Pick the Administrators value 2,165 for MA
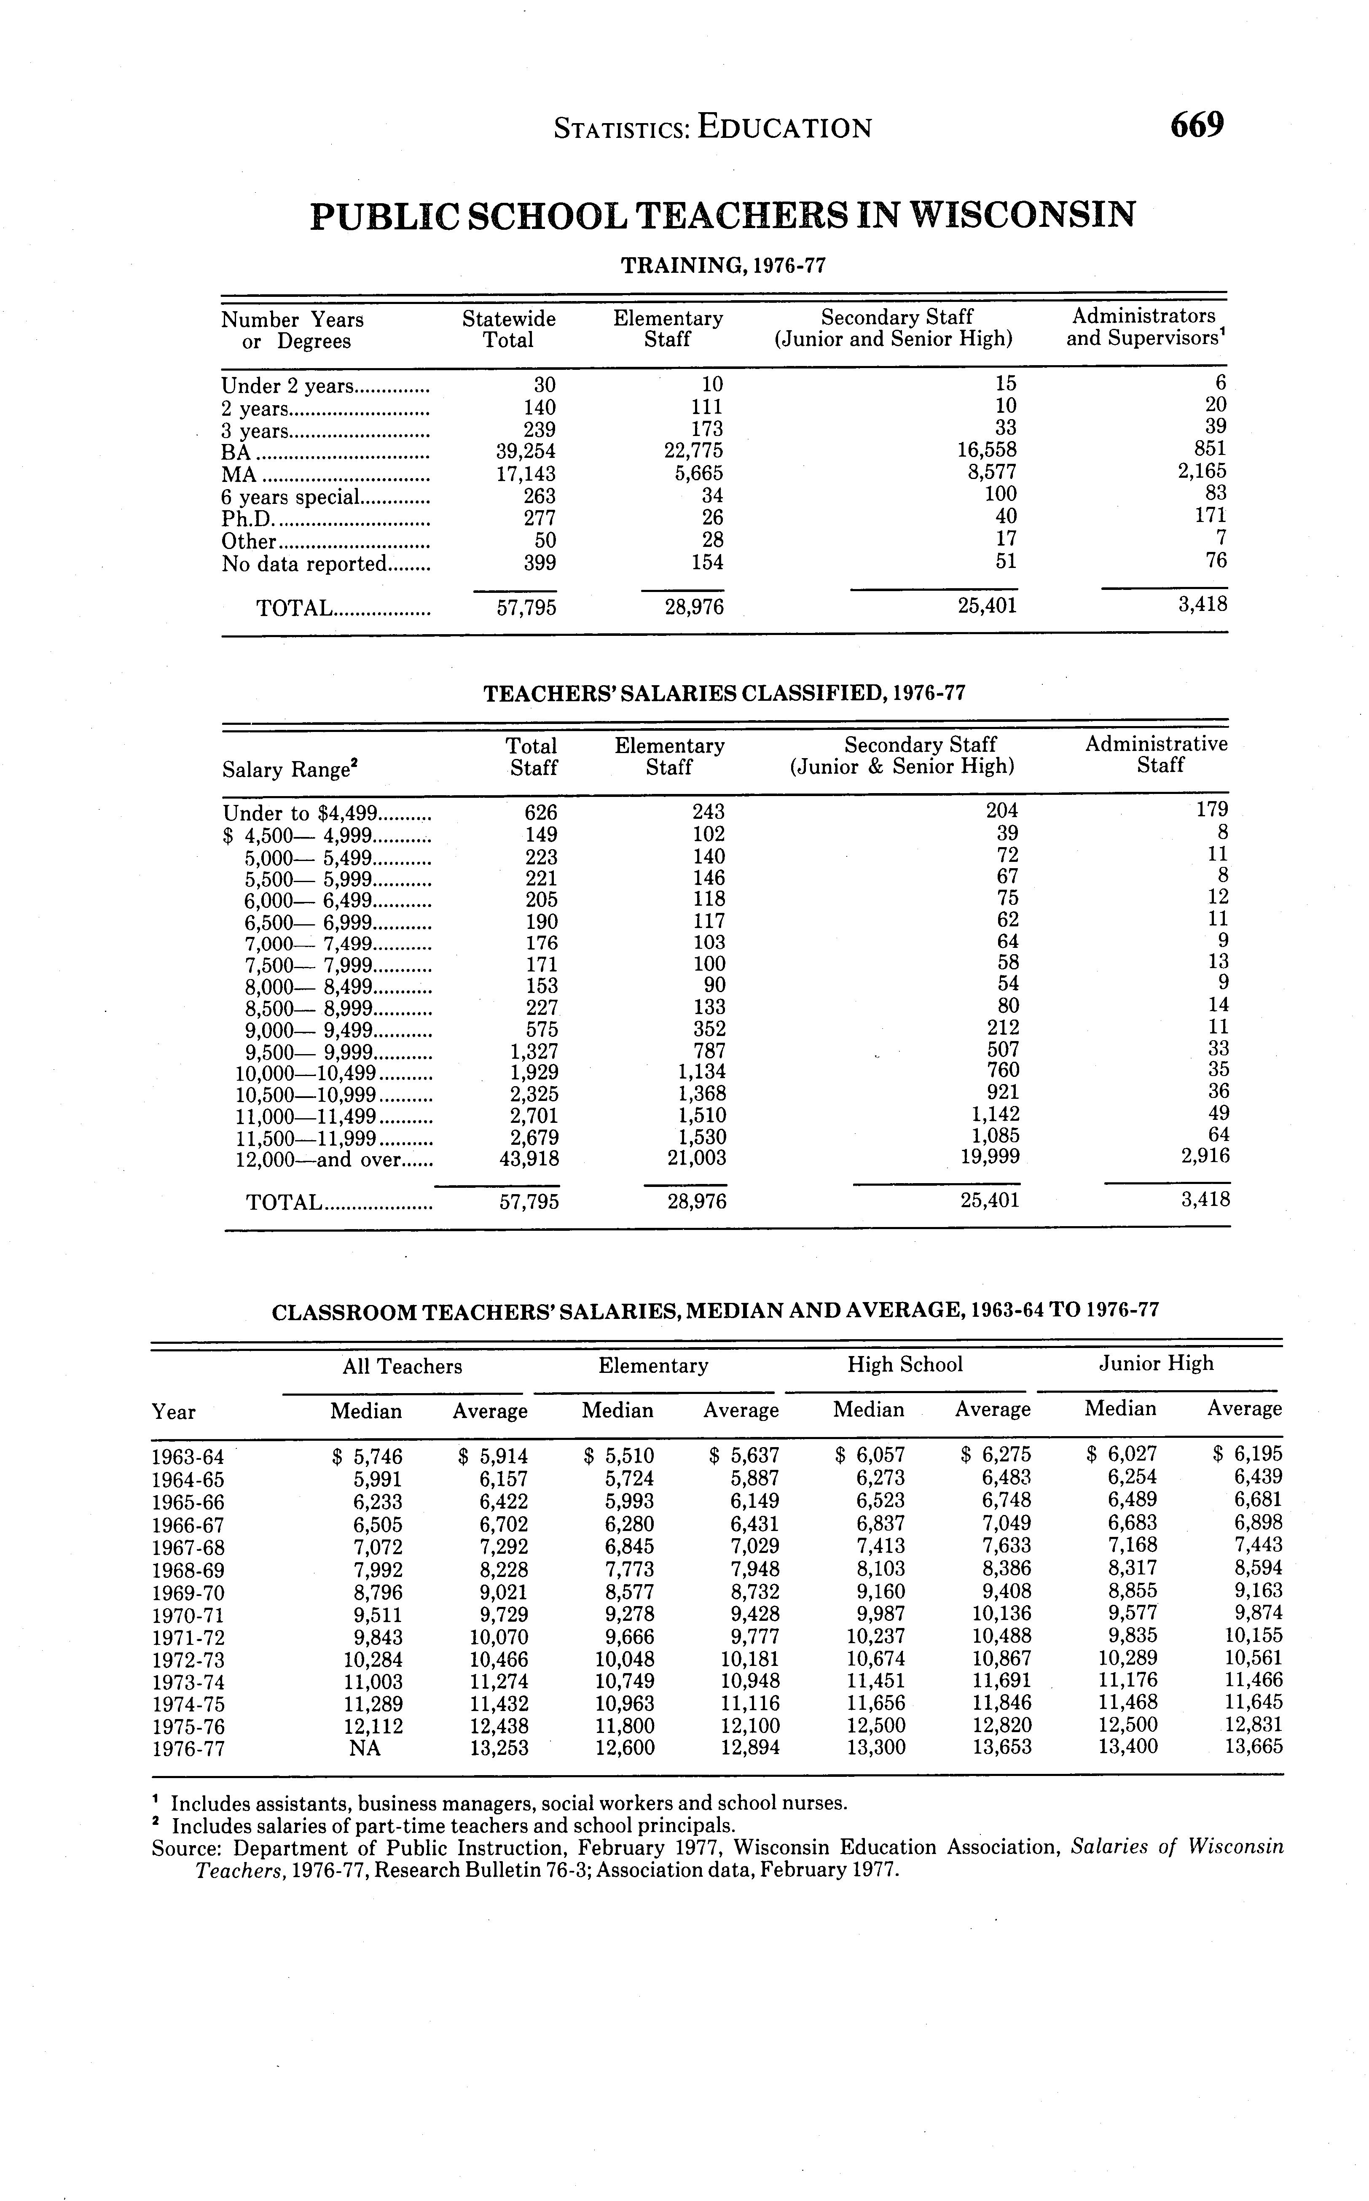[1202, 471]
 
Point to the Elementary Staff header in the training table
[668, 329]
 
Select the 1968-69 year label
[188, 1571]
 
